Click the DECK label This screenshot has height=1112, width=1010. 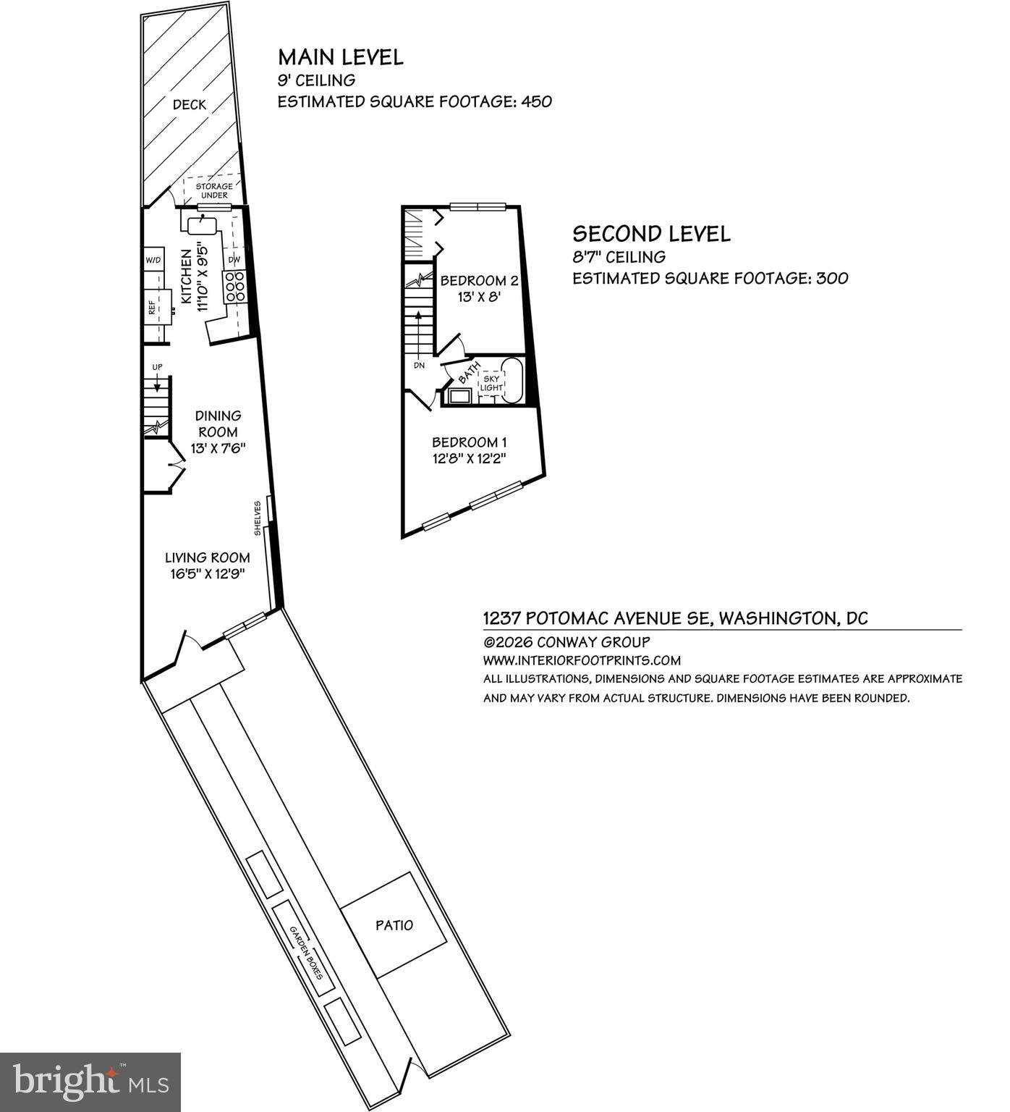pos(189,105)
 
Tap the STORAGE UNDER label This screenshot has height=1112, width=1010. pos(214,191)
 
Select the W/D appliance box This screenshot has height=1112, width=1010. pos(153,260)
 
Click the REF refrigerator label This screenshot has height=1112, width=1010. pos(152,307)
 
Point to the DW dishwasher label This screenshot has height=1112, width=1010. pos(234,260)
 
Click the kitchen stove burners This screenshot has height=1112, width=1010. pos(235,287)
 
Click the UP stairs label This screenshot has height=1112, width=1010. pos(157,367)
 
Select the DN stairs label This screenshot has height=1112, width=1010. pos(419,365)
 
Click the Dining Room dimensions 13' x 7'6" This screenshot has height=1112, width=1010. pos(218,448)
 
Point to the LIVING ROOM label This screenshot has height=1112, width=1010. pos(208,557)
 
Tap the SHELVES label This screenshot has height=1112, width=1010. pos(258,518)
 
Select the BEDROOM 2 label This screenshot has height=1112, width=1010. pos(479,280)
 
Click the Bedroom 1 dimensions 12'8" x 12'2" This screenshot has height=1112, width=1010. pos(475,458)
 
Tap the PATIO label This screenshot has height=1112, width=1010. pos(394,925)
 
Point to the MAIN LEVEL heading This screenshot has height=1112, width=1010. pos(340,57)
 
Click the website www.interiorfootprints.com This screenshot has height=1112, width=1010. pos(582,660)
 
